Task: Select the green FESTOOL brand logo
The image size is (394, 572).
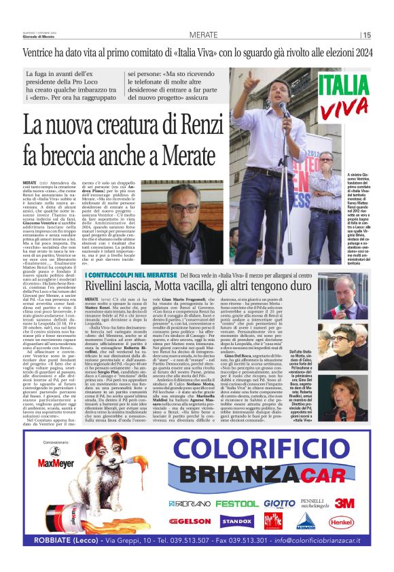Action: click(238, 503)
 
